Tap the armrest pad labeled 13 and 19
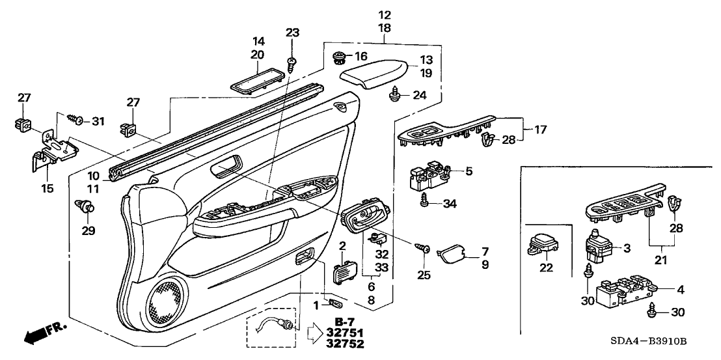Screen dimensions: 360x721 click(375, 75)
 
